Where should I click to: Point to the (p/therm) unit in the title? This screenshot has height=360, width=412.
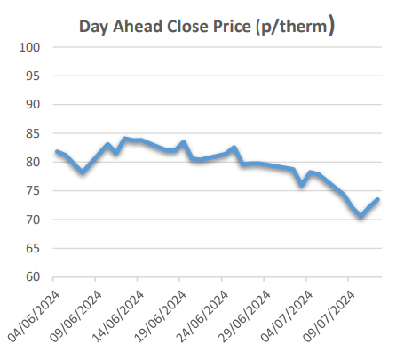coord(295,27)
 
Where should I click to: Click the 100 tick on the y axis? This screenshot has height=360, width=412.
coord(30,47)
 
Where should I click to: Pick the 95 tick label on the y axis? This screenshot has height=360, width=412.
coord(34,76)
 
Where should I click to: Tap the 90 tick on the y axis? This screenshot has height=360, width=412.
coord(34,105)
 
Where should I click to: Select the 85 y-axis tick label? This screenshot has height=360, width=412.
coord(34,133)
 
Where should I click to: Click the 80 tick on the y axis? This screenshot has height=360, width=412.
coord(34,162)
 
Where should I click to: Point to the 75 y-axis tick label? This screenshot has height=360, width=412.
coord(34,191)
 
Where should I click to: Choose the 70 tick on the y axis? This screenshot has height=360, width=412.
coord(34,220)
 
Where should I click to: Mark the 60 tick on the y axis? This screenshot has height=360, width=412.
coord(34,277)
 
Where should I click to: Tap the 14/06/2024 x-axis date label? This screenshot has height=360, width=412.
coord(121,311)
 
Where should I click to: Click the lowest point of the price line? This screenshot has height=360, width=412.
coord(360,216)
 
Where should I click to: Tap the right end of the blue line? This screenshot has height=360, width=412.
coord(378,199)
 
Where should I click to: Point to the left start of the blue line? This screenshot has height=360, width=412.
coord(57,152)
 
